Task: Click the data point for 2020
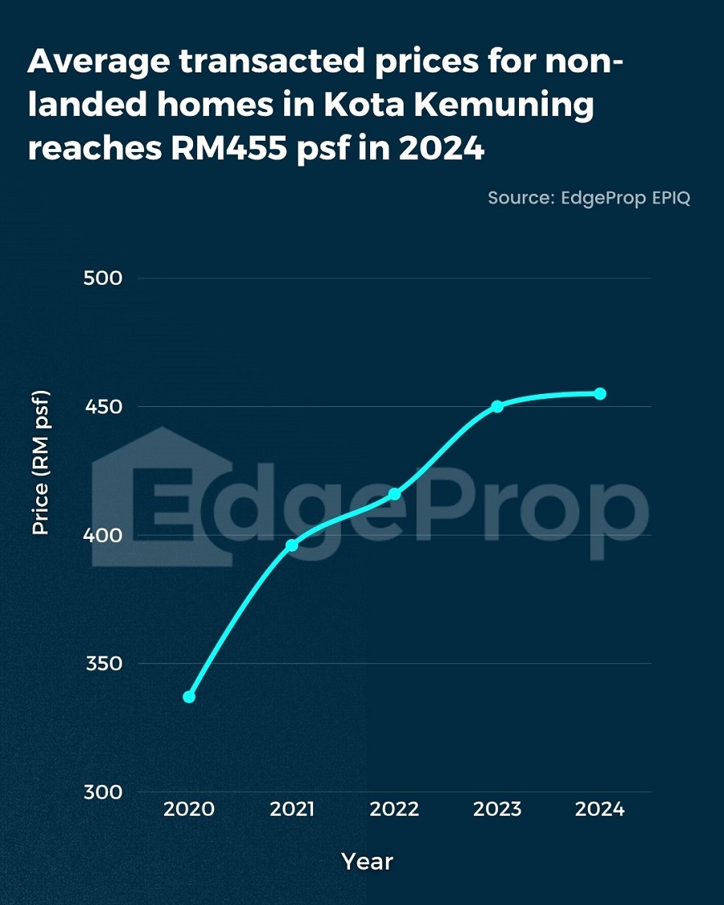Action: [x=189, y=697]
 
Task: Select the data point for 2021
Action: [x=292, y=545]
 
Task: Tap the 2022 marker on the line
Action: [x=394, y=494]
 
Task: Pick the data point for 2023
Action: [x=497, y=406]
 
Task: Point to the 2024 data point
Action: [x=600, y=393]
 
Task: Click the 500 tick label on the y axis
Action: [x=102, y=278]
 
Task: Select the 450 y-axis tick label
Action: [x=102, y=407]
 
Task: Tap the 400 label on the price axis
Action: [x=102, y=535]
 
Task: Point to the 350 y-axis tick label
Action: [x=102, y=664]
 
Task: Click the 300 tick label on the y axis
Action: [x=102, y=792]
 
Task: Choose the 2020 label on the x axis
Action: [x=189, y=809]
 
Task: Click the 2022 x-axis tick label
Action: [x=394, y=809]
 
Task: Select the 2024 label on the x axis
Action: [x=600, y=809]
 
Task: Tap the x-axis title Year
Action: [x=367, y=862]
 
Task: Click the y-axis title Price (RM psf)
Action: [x=40, y=463]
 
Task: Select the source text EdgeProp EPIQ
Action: [x=622, y=198]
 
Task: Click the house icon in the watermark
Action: [x=161, y=491]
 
